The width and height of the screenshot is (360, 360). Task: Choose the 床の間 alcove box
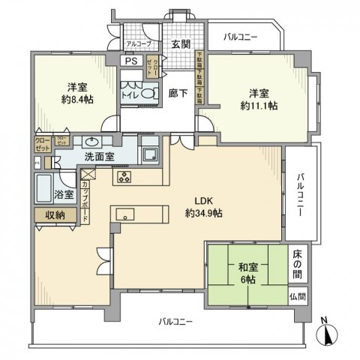[x=298, y=264]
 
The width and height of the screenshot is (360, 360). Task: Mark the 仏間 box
[x=298, y=296]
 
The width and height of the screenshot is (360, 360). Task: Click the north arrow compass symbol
[x=328, y=331]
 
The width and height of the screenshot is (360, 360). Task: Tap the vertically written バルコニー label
[x=300, y=194]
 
